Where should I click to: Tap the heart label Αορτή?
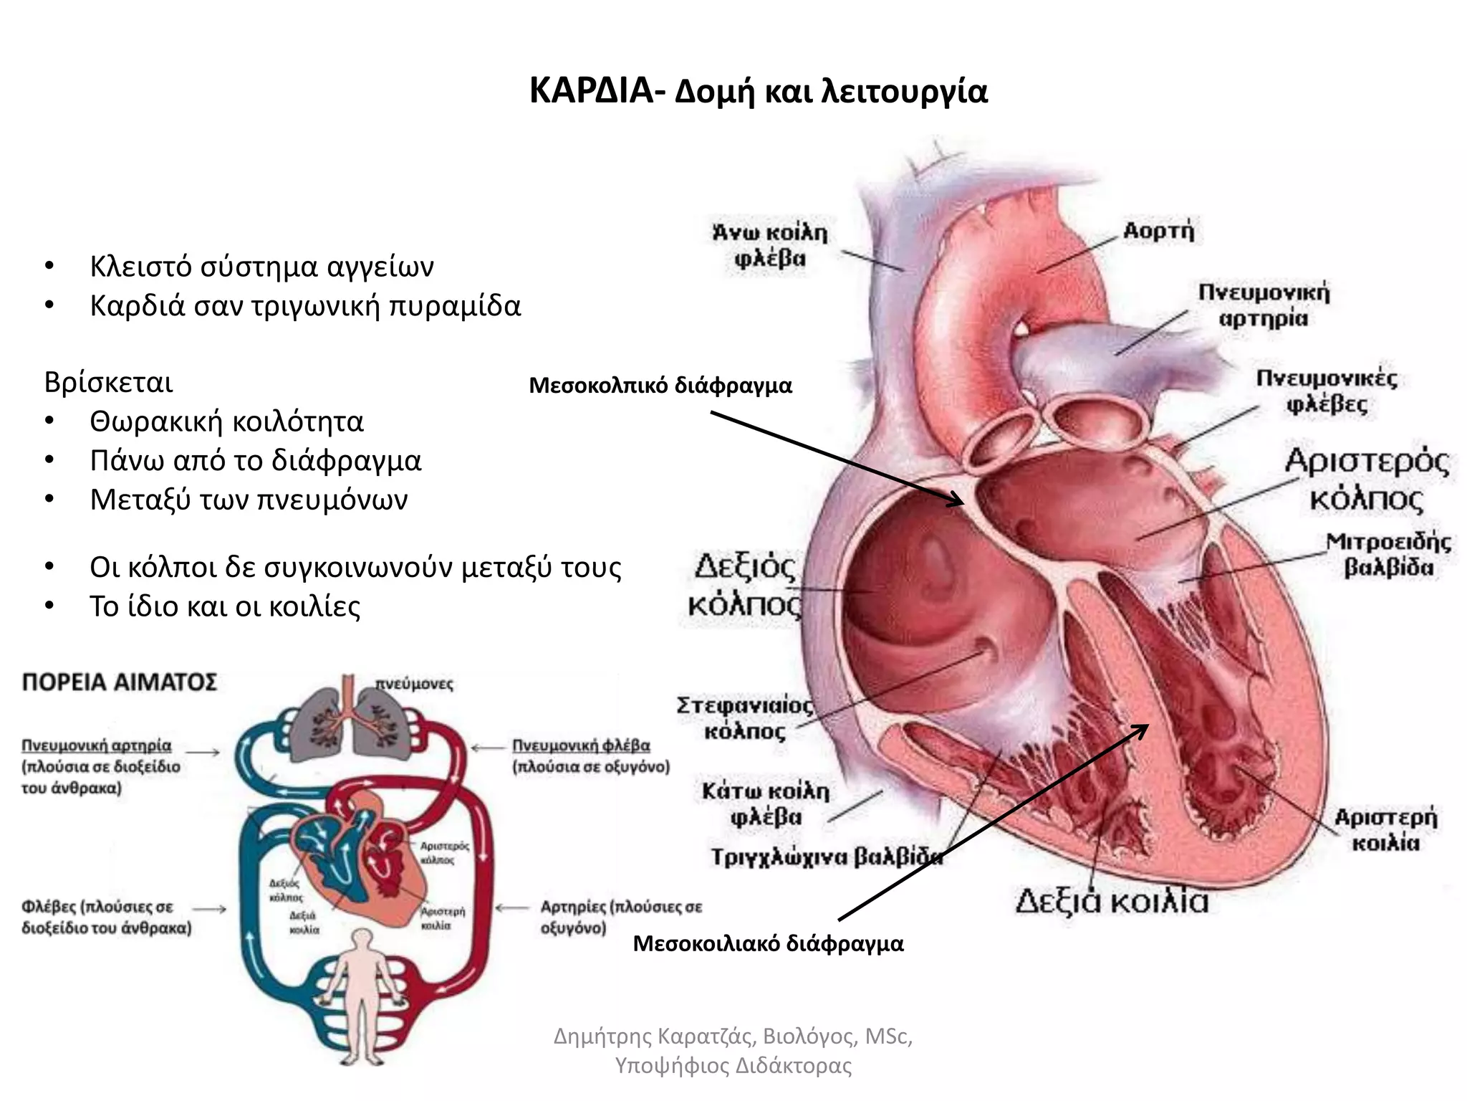click(1158, 231)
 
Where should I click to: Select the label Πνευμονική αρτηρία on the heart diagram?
click(1264, 305)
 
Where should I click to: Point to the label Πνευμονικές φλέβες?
click(1327, 391)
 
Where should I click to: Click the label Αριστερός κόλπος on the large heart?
click(1366, 479)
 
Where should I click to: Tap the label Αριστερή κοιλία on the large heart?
click(1385, 829)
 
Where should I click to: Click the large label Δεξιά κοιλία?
click(1112, 901)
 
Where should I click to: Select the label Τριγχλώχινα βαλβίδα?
click(826, 857)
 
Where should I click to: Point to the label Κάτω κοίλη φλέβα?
click(766, 804)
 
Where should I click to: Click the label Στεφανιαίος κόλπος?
click(745, 718)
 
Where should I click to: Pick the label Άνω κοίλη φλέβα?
click(770, 245)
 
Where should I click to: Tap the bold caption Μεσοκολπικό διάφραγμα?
click(660, 386)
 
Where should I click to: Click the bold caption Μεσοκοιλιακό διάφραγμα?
click(768, 943)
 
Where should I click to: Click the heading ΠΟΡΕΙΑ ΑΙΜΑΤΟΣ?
click(119, 682)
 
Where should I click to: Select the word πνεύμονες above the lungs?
click(415, 685)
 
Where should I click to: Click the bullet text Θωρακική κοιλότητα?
click(226, 421)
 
